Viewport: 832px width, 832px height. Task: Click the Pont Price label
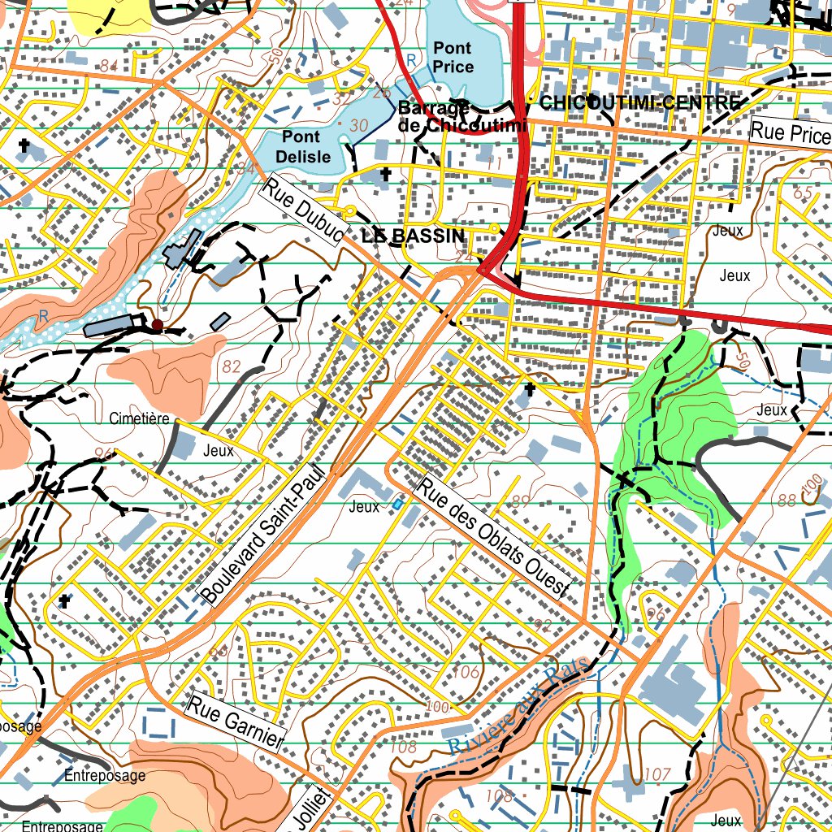point(453,58)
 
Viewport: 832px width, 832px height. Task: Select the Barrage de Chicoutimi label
point(461,117)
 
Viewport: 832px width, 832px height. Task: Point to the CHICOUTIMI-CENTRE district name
point(639,102)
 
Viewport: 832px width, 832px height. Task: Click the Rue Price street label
point(789,132)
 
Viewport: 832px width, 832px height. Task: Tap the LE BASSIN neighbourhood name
point(414,236)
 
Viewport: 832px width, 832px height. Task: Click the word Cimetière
point(139,419)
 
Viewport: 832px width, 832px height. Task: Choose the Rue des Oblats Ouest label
point(495,538)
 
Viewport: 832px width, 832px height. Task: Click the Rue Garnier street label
point(236,721)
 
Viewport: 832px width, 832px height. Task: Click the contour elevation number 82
point(232,366)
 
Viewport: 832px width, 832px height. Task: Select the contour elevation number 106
point(466,672)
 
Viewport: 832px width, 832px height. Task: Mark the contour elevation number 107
point(656,773)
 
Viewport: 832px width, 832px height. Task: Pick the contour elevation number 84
point(109,65)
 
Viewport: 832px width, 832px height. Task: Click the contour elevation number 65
point(802,193)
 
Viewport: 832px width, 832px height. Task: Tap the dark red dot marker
point(157,325)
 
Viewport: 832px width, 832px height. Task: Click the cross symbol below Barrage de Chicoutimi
point(385,175)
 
